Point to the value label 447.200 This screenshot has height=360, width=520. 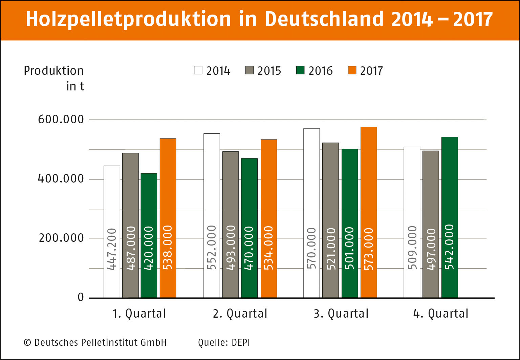112,249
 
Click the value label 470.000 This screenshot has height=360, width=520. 249,248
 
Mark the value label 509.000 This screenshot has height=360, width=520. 412,248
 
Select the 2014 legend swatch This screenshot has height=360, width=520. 198,70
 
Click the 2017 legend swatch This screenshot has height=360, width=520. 352,70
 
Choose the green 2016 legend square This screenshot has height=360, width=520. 300,70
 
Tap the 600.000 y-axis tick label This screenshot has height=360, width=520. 61,120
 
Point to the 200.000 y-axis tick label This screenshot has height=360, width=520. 61,238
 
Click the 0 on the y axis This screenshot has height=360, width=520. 81,298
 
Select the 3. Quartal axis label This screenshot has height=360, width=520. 341,314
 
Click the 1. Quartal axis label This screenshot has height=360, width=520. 139,314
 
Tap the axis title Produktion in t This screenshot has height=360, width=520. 54,78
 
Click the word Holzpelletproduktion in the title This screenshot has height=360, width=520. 128,19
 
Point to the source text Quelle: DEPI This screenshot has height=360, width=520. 224,343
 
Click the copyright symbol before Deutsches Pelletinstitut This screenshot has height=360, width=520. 27,343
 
